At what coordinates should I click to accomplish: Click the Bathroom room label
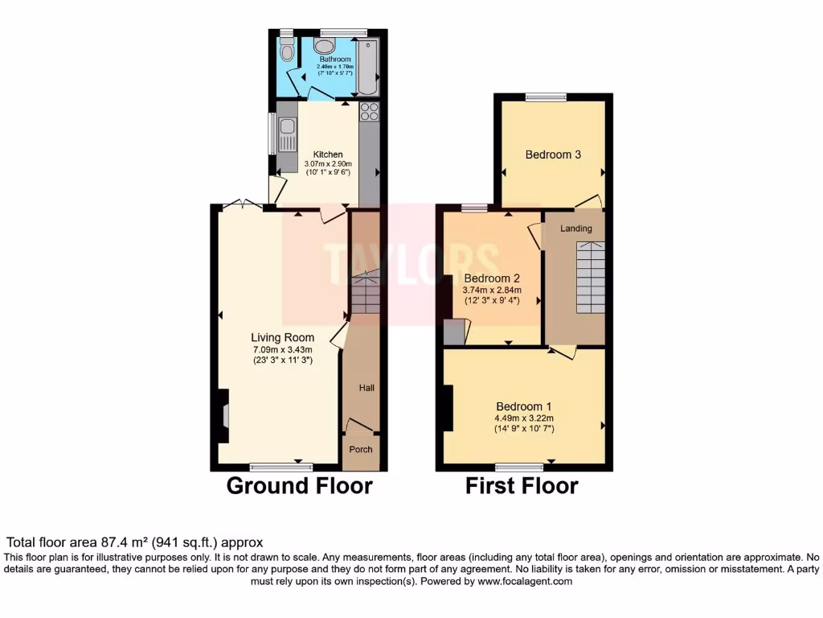pyautogui.click(x=334, y=59)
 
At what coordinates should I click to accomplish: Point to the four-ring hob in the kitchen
pyautogui.click(x=369, y=112)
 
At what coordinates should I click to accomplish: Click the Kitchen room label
pyautogui.click(x=328, y=154)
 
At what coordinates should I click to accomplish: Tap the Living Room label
pyautogui.click(x=282, y=337)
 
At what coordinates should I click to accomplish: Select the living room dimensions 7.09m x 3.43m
pyautogui.click(x=282, y=349)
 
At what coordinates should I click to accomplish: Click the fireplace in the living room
pyautogui.click(x=223, y=416)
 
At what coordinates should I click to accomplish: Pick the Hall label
pyautogui.click(x=366, y=388)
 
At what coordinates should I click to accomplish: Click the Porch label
pyautogui.click(x=361, y=449)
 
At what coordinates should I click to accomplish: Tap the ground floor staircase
pyautogui.click(x=366, y=295)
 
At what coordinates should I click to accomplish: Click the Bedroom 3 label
pyautogui.click(x=553, y=154)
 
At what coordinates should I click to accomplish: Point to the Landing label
pyautogui.click(x=575, y=229)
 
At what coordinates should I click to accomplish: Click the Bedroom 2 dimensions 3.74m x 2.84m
pyautogui.click(x=493, y=290)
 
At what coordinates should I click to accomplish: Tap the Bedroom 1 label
pyautogui.click(x=523, y=406)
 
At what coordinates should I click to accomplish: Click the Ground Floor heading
pyautogui.click(x=299, y=486)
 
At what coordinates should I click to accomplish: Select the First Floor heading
pyautogui.click(x=522, y=486)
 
